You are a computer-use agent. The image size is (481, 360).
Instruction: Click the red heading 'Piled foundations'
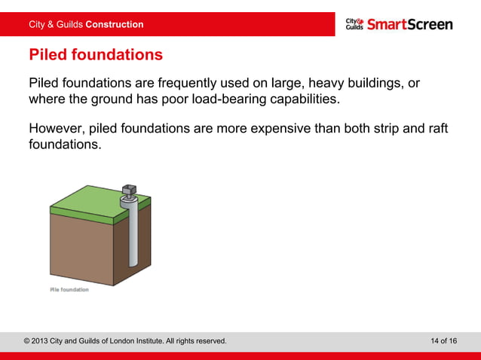click(x=95, y=55)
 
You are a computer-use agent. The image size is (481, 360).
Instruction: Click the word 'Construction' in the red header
click(x=115, y=25)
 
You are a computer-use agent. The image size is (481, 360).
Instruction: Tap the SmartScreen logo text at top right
click(x=410, y=24)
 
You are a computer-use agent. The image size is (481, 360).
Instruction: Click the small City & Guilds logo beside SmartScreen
click(x=354, y=24)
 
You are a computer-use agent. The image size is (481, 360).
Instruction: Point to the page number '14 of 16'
click(x=443, y=341)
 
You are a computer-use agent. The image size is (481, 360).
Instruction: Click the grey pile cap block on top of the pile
click(x=129, y=191)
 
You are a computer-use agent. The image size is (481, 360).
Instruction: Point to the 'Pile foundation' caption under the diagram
click(x=69, y=290)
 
